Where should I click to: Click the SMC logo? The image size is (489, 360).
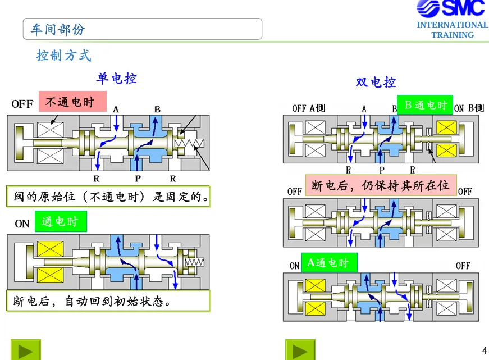(451, 8)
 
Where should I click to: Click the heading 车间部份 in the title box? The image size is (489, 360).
(58, 30)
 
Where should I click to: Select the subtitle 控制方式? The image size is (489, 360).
(63, 56)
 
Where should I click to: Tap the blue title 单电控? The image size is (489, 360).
(117, 78)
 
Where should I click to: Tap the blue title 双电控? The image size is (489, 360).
(376, 83)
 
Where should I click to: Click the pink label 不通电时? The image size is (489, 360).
(72, 102)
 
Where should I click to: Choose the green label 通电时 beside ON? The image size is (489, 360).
(61, 221)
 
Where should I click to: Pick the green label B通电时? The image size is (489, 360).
(425, 105)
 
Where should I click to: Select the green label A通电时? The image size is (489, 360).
(330, 263)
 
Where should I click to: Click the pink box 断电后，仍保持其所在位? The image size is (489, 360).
(381, 185)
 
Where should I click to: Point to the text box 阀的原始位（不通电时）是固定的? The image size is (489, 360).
(108, 197)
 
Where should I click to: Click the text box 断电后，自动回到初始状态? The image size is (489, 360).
(108, 301)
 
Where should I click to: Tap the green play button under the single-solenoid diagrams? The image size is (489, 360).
(26, 350)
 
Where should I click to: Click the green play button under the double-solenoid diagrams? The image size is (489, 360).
(300, 350)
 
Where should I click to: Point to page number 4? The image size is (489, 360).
(485, 350)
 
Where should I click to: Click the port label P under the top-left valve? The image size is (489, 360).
(138, 179)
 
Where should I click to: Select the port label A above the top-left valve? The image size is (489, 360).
(116, 110)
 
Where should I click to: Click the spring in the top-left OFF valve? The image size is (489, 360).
(189, 143)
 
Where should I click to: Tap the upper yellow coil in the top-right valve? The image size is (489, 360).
(446, 127)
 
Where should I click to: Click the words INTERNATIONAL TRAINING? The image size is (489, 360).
(453, 30)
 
